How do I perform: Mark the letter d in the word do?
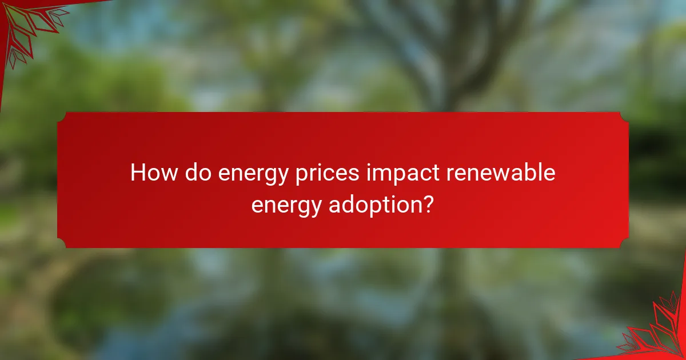point(190,173)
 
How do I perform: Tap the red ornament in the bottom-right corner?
point(657,331)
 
